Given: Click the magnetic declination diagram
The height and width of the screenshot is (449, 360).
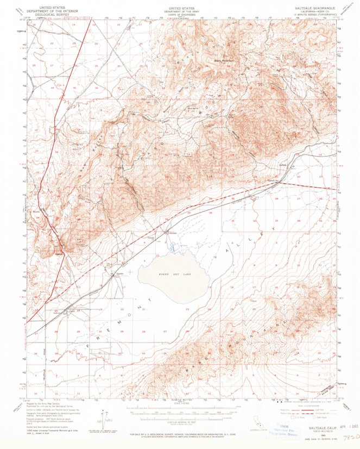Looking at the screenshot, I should (100, 417).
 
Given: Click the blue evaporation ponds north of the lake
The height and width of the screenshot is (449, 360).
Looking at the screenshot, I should (174, 248).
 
